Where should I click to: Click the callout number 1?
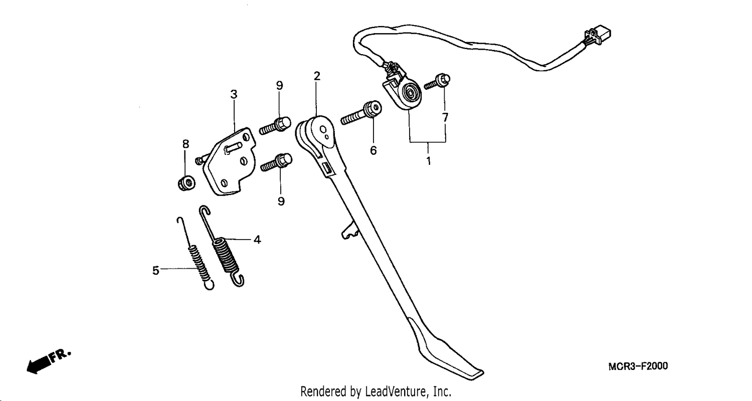429,161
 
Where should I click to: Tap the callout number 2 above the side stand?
317,76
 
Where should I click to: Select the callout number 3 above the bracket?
234,94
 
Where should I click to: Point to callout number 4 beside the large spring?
257,240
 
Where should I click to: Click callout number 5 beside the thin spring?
155,271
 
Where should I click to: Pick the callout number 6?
373,150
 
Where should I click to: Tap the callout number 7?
445,117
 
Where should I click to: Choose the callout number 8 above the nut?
185,144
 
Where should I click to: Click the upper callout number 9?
280,86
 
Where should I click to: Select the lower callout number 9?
281,202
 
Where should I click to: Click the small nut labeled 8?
186,182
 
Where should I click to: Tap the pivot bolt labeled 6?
361,113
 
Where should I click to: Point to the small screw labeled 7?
437,82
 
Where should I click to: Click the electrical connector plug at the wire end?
598,36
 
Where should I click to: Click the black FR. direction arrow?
49,361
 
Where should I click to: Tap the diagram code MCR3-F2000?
638,366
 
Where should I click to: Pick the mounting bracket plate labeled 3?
230,162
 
